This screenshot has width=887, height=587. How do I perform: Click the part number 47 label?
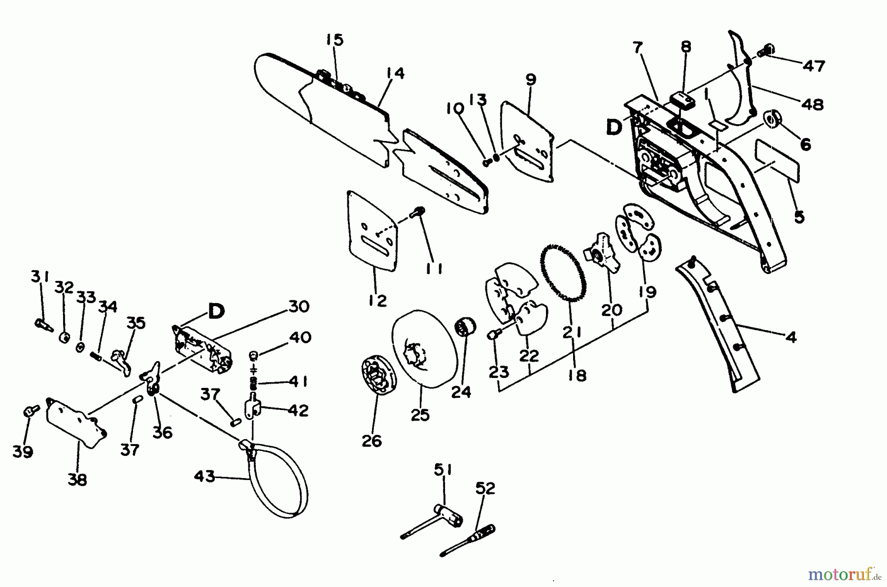[x=814, y=66]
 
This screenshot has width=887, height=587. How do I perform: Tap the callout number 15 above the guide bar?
[x=335, y=40]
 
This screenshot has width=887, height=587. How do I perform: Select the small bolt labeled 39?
[x=29, y=411]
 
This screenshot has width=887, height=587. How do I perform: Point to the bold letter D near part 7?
[x=614, y=128]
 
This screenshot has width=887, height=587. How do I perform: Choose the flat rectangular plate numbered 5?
[x=779, y=159]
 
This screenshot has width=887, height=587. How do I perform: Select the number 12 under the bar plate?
[x=377, y=301]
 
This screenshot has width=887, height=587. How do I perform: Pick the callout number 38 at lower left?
[x=77, y=479]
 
